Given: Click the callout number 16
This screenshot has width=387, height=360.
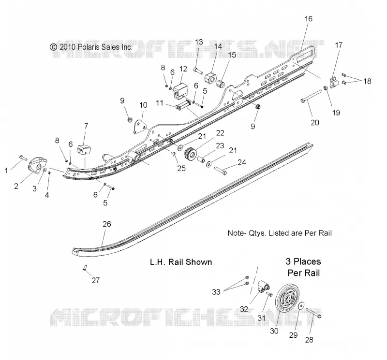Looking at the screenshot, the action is point(309,19).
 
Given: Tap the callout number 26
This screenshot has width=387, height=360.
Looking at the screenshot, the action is point(107,224).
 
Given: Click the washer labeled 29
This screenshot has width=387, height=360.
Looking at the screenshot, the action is point(301,306).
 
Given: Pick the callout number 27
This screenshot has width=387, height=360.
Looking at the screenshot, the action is point(95,280).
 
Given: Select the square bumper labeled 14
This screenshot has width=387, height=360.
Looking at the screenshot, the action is point(210,78).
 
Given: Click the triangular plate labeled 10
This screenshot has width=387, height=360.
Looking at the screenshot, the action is point(139,127).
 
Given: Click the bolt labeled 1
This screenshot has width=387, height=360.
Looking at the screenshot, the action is point(23,158).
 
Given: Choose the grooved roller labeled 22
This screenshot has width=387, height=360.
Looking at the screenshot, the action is point(191,154).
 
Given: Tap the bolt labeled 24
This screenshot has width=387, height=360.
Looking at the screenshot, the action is point(221,171).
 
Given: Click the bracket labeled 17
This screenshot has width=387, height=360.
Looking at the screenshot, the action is point(334,83).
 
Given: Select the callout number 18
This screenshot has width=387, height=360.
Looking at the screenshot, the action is point(367,81).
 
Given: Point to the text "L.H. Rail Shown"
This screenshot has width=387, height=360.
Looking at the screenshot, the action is point(181,262).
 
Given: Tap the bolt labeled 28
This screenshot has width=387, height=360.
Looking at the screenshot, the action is point(313,313).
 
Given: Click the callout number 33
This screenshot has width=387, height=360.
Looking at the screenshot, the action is point(216,292).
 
